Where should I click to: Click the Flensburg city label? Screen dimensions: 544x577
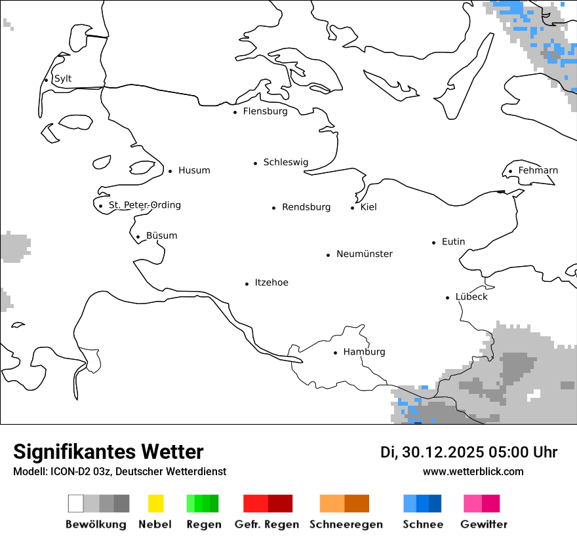[265, 111]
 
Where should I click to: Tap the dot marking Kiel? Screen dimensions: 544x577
[353, 208]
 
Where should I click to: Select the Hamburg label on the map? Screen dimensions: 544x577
[364, 352]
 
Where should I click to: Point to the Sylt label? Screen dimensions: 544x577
[63, 79]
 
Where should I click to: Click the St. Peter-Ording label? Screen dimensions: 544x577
[144, 205]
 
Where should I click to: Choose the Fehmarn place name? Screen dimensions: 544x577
[538, 170]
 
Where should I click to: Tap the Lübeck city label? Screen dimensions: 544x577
[471, 297]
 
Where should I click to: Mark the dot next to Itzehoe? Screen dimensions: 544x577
[247, 284]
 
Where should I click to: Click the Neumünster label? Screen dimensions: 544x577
[365, 254]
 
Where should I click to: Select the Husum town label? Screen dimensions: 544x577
[194, 170]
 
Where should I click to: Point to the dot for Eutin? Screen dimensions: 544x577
[434, 243]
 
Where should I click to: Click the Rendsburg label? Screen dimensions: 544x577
[306, 207]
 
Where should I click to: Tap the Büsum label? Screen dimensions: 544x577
[161, 236]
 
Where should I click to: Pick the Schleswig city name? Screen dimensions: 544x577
[285, 163]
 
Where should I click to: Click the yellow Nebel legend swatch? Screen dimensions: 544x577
[155, 503]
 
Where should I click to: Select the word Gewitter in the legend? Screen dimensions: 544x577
[484, 524]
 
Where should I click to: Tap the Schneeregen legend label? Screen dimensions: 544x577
[346, 524]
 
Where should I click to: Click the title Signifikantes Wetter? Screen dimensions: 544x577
[108, 452]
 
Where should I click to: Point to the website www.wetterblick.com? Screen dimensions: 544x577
[473, 471]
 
